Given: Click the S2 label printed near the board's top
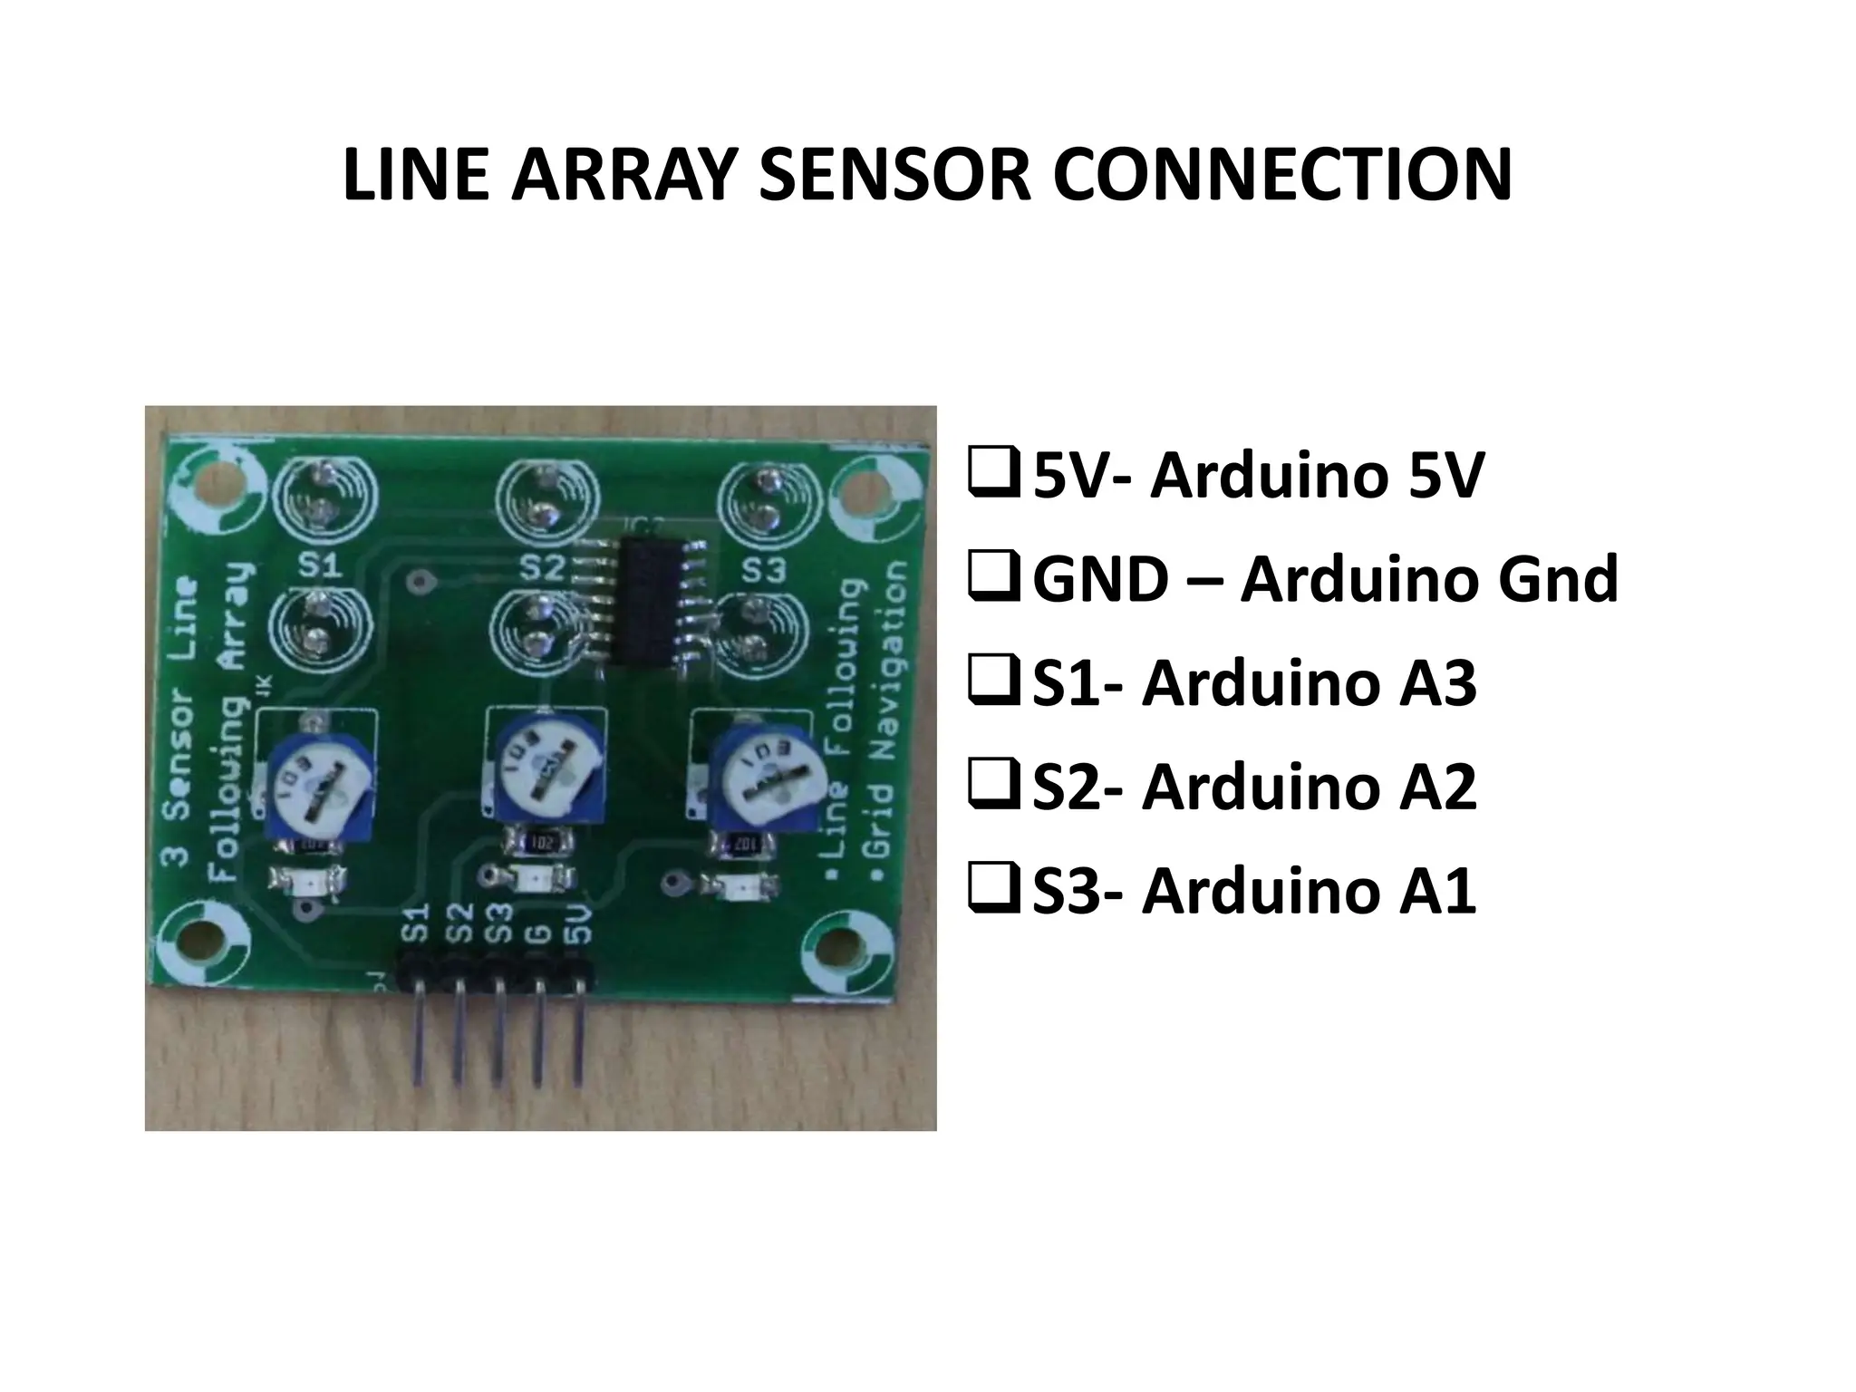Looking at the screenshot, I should [x=543, y=568].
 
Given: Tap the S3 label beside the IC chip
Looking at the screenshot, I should [x=764, y=570].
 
